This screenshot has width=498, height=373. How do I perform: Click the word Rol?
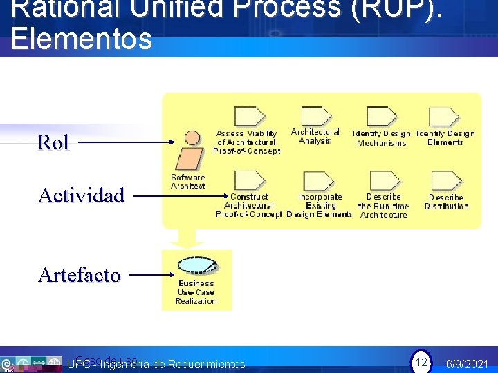tap(53, 142)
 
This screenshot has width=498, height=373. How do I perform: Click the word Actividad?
tap(81, 195)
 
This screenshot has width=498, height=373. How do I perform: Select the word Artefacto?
tap(79, 275)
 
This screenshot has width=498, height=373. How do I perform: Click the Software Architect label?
tap(188, 182)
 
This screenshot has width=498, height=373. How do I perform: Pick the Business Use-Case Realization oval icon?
tap(197, 265)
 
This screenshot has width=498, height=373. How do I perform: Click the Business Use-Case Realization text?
tap(196, 292)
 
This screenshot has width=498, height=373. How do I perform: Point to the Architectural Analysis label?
tap(315, 136)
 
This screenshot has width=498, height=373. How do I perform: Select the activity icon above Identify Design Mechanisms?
tap(381, 117)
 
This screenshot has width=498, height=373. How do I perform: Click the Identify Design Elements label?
tap(445, 137)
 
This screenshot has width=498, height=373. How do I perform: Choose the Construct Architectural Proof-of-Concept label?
tap(249, 205)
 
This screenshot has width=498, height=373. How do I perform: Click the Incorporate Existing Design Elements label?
tap(320, 205)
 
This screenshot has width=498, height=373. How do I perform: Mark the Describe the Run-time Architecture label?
tap(384, 205)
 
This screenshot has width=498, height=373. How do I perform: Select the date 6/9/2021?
tap(467, 364)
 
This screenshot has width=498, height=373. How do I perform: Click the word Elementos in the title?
tap(81, 39)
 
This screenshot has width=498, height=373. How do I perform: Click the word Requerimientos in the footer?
tap(206, 364)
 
